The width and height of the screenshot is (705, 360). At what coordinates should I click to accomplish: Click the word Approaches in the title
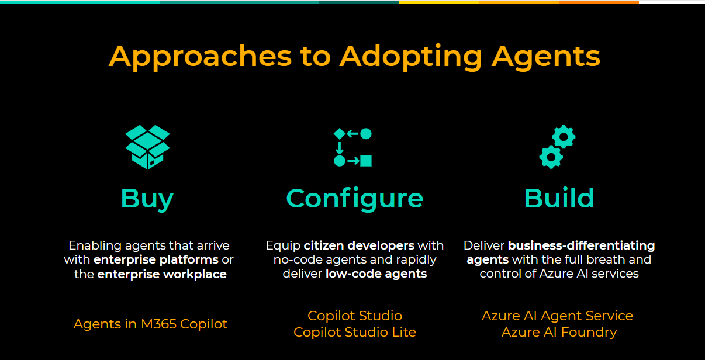tap(200, 57)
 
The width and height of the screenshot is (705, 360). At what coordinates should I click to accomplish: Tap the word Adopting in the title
tap(411, 57)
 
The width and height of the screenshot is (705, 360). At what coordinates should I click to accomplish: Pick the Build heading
tap(559, 198)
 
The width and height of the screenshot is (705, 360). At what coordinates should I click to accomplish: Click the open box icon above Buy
tap(148, 147)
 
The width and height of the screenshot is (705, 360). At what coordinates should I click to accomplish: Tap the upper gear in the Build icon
tap(564, 137)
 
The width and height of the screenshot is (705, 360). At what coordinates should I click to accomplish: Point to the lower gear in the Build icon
tap(551, 157)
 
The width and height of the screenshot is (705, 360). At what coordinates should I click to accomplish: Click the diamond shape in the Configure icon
tap(340, 134)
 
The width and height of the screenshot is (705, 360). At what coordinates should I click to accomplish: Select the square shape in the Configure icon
tap(366, 161)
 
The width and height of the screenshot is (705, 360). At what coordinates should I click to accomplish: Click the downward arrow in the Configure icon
tap(339, 148)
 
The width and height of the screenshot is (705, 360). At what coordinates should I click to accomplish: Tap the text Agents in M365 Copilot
tap(150, 324)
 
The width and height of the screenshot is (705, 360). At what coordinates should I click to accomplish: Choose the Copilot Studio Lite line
tap(355, 332)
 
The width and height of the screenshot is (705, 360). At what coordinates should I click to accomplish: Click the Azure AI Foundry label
tap(559, 332)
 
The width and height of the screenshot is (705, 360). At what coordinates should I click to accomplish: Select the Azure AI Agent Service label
tap(557, 316)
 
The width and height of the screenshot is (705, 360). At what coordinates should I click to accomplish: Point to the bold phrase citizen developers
tap(359, 245)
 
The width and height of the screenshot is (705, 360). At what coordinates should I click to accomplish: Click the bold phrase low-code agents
tap(376, 274)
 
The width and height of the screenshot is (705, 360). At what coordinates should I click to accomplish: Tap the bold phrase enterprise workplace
tap(162, 274)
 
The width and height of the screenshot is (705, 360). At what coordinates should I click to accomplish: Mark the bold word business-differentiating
tap(581, 245)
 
